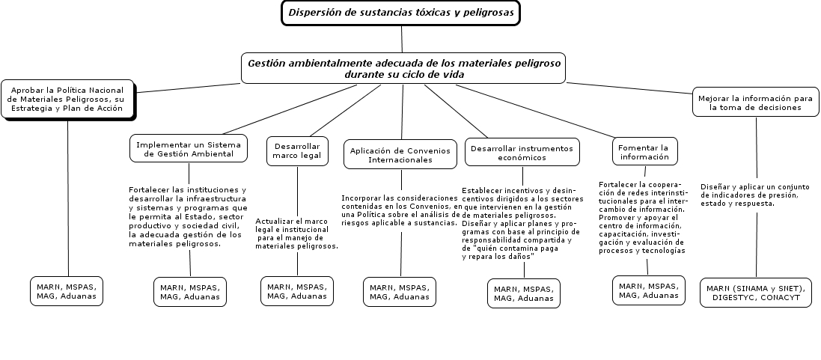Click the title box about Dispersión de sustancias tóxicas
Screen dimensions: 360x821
pyautogui.click(x=400, y=13)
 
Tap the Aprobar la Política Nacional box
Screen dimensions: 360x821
pyautogui.click(x=67, y=99)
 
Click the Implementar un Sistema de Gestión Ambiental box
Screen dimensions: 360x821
pyautogui.click(x=190, y=149)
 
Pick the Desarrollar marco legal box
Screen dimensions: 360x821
pyautogui.click(x=297, y=150)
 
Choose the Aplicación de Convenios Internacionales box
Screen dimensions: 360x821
pyautogui.click(x=400, y=154)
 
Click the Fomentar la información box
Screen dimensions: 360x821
pyautogui.click(x=644, y=152)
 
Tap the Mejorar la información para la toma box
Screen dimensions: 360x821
pyautogui.click(x=755, y=103)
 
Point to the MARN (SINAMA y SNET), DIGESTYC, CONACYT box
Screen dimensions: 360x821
pyautogui.click(x=755, y=292)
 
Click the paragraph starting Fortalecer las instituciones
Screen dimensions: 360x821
pyautogui.click(x=187, y=216)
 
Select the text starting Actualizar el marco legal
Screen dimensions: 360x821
pyautogui.click(x=296, y=234)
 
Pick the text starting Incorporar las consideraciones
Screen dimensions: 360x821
pyautogui.click(x=400, y=210)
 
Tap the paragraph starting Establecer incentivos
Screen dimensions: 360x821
pyautogui.click(x=522, y=223)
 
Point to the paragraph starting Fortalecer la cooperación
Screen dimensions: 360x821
pyautogui.click(x=643, y=218)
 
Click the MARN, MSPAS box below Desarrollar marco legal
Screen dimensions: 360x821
pyautogui.click(x=297, y=291)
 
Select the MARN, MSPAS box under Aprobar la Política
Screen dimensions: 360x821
pyautogui.click(x=67, y=291)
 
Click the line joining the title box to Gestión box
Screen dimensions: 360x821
pyautogui.click(x=402, y=39)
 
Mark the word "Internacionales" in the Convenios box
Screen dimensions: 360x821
pyautogui.click(x=400, y=159)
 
